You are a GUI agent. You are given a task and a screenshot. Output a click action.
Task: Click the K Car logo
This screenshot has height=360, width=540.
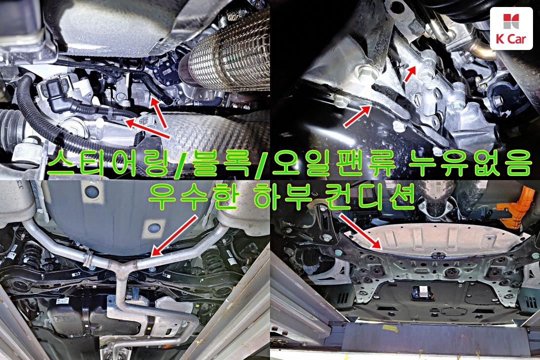511,28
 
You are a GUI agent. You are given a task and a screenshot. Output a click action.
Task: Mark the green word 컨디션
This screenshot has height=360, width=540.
368,196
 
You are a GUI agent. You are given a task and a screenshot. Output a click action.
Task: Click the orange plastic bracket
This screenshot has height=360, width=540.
513,205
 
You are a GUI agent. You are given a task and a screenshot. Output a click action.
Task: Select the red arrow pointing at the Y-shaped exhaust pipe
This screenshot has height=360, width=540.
174,236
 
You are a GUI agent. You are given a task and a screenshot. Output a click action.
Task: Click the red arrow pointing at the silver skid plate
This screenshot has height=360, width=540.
361,231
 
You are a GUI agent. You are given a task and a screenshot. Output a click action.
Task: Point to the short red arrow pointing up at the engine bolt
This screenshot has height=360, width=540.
410,73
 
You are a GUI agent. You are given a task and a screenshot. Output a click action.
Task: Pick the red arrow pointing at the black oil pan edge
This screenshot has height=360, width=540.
357,117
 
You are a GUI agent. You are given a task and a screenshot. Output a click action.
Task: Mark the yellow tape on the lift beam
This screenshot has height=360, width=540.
390,328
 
